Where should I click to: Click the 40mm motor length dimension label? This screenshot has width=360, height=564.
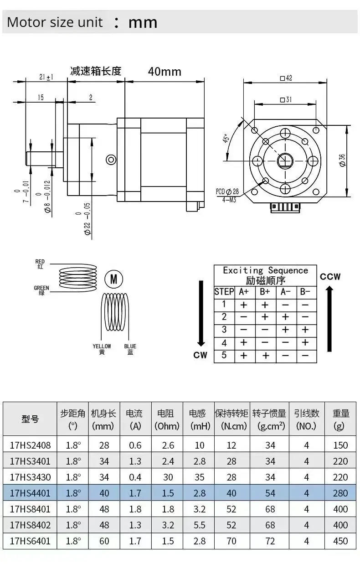click(x=164, y=72)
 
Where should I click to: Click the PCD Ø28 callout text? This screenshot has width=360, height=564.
click(x=227, y=191)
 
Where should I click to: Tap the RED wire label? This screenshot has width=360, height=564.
click(x=40, y=264)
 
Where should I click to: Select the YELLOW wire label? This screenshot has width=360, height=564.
click(x=102, y=349)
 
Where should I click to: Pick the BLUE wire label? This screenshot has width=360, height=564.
click(x=130, y=349)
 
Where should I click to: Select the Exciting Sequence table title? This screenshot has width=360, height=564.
click(x=265, y=275)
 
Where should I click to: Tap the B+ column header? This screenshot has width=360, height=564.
click(x=265, y=292)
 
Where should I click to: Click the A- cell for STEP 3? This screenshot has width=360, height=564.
click(x=285, y=330)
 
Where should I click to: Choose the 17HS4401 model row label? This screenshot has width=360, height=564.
click(x=30, y=493)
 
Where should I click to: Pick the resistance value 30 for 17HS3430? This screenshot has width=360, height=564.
click(x=168, y=477)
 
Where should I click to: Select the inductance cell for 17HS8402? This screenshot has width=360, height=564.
click(x=199, y=525)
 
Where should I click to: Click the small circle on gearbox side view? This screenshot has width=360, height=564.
click(x=111, y=159)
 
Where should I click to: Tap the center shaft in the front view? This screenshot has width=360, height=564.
click(x=285, y=160)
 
